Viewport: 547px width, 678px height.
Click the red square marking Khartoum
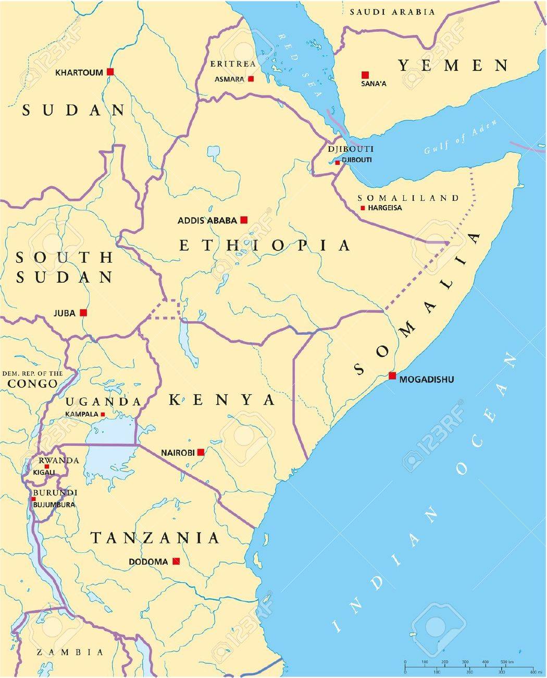coord(110,71)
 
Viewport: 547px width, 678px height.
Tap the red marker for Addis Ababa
coord(243,220)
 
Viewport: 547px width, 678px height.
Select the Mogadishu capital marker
coord(392,376)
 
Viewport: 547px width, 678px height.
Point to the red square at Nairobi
coord(201,452)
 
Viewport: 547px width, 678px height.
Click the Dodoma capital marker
coord(176,561)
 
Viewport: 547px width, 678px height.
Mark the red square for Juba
coord(83,313)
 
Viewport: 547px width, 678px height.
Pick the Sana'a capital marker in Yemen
coord(365,75)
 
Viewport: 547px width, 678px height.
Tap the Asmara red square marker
coord(251,79)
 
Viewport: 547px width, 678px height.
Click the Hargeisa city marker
coord(363,208)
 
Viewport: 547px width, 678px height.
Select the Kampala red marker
coord(103,415)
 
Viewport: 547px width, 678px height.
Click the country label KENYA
coord(222,400)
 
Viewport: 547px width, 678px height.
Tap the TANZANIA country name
coord(155,538)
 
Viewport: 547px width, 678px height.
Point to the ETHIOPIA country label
coord(265,245)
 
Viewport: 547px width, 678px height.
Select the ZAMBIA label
coord(70,652)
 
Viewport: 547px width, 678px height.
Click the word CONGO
coord(32,384)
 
